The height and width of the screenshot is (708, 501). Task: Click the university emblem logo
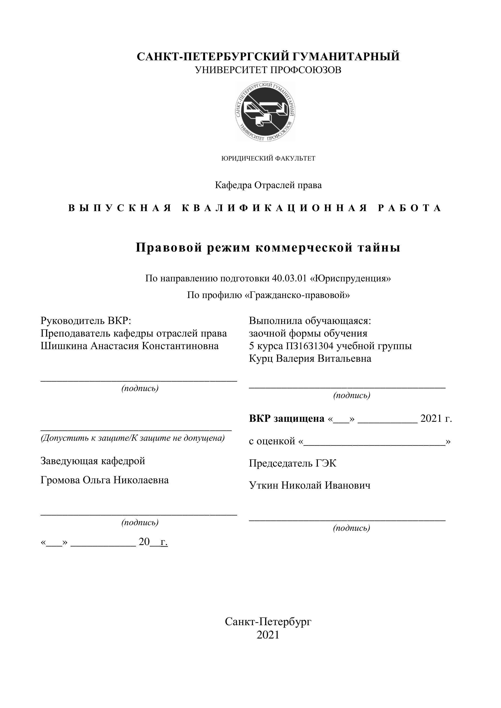click(x=265, y=111)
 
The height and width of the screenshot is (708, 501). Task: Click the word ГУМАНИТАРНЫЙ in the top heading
click(x=345, y=57)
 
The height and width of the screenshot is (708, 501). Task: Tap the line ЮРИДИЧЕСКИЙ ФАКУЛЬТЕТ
click(x=268, y=159)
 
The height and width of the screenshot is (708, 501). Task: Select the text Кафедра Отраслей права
click(x=268, y=185)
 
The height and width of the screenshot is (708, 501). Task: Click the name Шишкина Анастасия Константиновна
click(x=130, y=346)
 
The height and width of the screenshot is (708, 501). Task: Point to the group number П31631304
click(x=310, y=346)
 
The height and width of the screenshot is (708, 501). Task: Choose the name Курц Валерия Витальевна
click(x=310, y=359)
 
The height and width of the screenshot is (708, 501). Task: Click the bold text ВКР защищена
click(x=287, y=418)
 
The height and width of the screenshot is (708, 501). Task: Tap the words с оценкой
click(x=272, y=441)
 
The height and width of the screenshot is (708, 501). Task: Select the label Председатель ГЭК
click(x=293, y=463)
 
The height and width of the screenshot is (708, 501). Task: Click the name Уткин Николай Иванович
click(x=310, y=485)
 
